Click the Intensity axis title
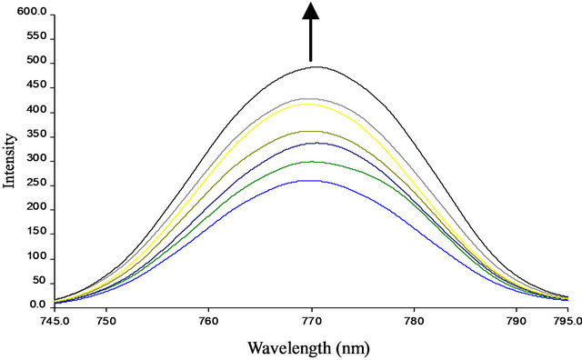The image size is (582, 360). point(10,160)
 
